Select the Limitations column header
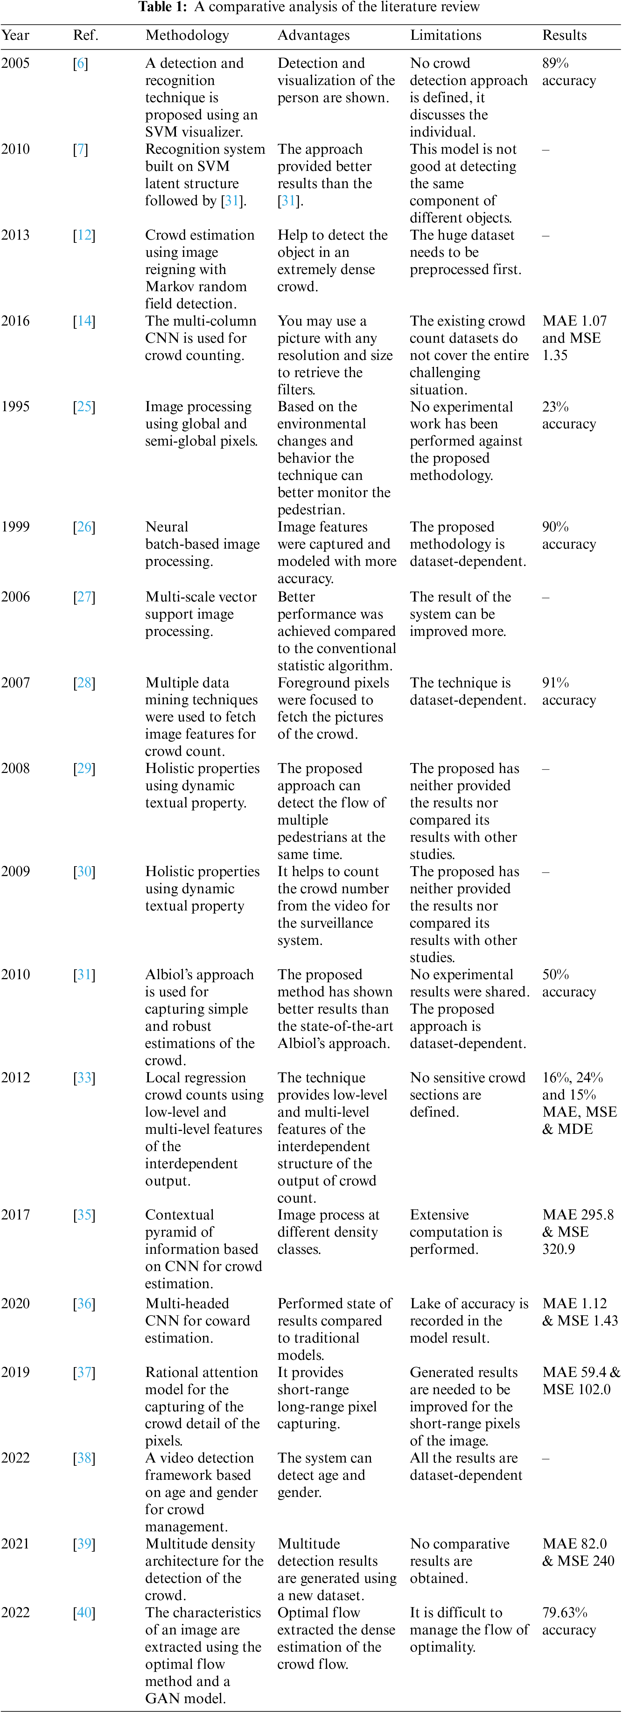tap(445, 35)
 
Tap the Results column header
tap(564, 35)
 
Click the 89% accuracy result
tap(569, 72)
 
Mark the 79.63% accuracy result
tap(569, 1621)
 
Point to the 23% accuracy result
tap(569, 415)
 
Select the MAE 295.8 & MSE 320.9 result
tap(577, 1232)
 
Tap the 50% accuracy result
tap(569, 983)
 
